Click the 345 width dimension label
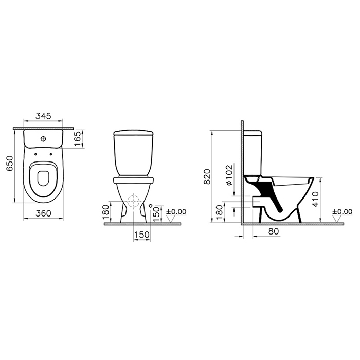43,116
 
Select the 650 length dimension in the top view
10,164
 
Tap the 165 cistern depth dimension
78,139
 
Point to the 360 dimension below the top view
43,213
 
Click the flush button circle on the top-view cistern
43,139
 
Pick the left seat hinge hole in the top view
35,154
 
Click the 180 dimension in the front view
106,213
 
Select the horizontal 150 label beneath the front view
142,235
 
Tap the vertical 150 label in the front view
156,214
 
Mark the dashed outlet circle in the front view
133,201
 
